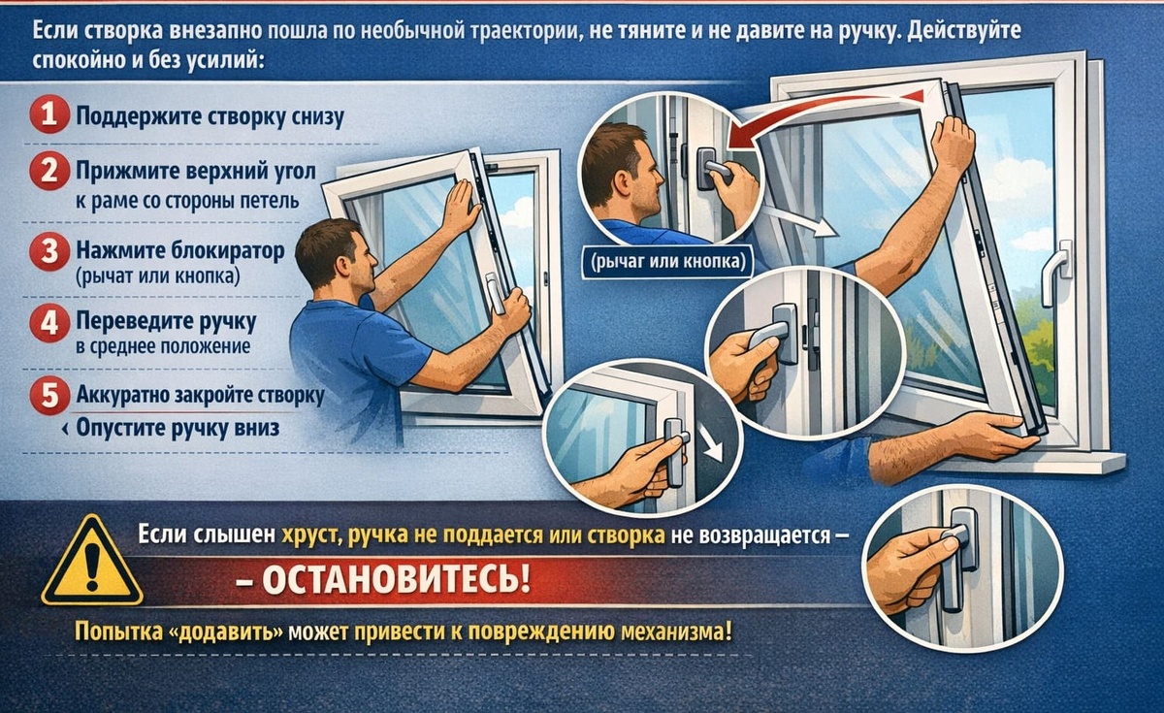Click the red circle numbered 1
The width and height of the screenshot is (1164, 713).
(x=49, y=114)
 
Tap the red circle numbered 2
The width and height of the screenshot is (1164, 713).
(x=49, y=171)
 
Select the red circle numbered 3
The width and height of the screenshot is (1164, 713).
(x=49, y=251)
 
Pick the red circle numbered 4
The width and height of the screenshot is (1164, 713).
(x=49, y=323)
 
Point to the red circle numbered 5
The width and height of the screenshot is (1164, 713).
(x=49, y=396)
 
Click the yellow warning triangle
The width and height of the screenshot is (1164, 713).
(x=92, y=562)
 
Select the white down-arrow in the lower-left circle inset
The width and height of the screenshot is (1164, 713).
(x=710, y=443)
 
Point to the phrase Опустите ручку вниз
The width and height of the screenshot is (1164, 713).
(x=178, y=428)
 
